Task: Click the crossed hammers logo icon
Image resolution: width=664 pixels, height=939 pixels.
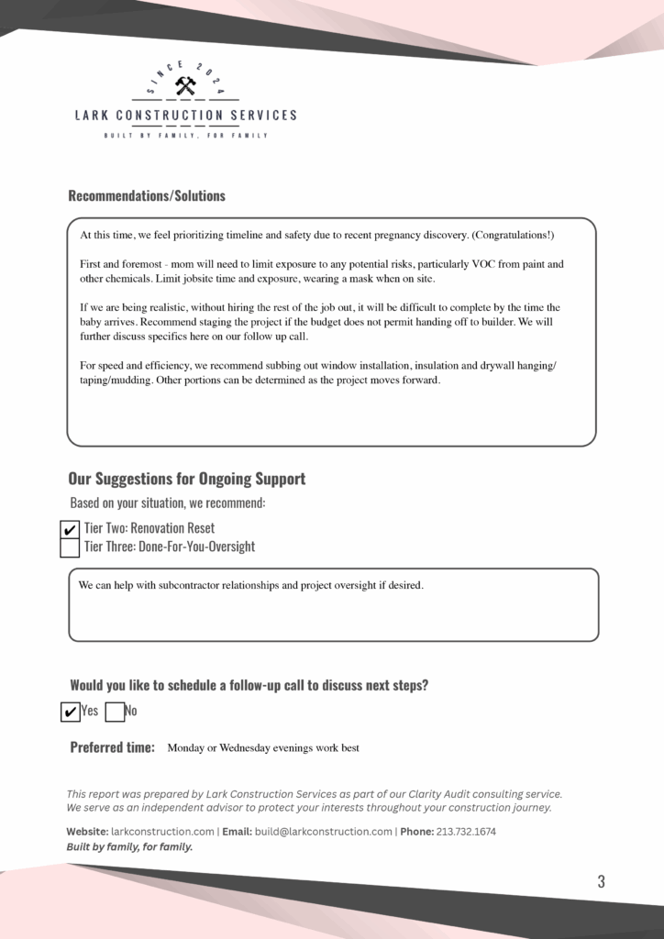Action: click(x=185, y=86)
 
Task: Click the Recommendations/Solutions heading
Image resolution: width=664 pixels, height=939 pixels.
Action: click(x=147, y=195)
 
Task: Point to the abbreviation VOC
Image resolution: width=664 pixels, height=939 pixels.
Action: click(x=477, y=264)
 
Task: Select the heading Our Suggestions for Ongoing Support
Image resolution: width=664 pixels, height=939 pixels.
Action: click(x=187, y=479)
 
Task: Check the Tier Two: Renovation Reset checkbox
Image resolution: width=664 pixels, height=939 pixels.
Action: click(x=70, y=530)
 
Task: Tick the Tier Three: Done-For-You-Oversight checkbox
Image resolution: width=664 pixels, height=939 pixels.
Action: click(x=70, y=548)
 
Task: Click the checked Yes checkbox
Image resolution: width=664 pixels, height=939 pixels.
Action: click(x=70, y=712)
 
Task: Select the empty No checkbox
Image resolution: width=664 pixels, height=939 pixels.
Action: click(x=115, y=712)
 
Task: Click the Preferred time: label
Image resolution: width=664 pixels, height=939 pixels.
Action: click(x=112, y=747)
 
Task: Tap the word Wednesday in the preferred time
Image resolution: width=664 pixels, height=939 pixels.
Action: click(x=248, y=748)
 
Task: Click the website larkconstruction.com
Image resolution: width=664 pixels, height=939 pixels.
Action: click(x=162, y=832)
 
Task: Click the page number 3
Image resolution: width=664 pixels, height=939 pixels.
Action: click(x=601, y=882)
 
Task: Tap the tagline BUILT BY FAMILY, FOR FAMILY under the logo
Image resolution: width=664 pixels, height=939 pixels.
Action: click(x=185, y=136)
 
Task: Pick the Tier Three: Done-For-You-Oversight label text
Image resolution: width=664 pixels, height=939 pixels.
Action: click(x=170, y=547)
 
